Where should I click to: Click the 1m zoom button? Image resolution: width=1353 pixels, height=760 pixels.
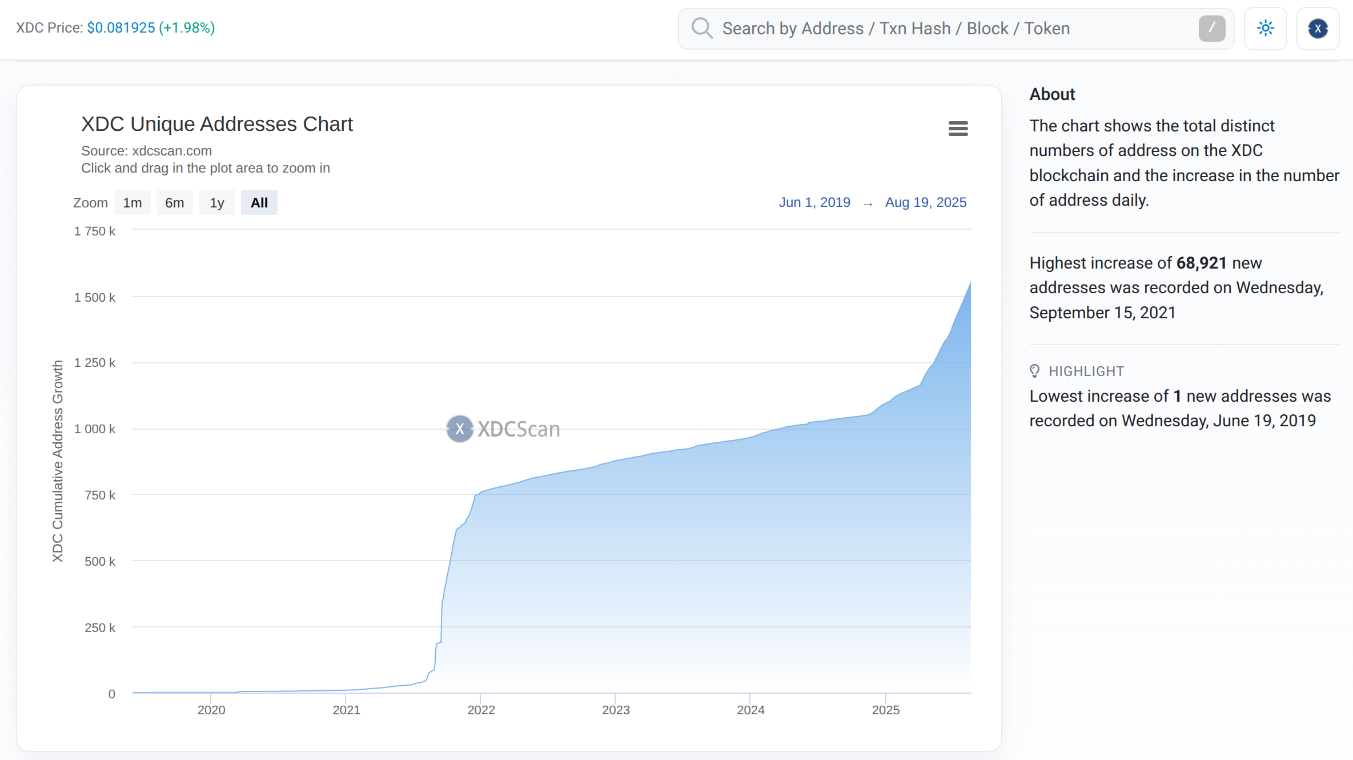[x=133, y=203]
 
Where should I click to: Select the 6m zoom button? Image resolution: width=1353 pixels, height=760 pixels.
[x=174, y=203]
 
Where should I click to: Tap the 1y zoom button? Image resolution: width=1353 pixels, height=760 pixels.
[x=216, y=203]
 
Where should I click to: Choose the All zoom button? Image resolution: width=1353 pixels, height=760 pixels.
[x=259, y=203]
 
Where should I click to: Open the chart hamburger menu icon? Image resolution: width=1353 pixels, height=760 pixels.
[x=958, y=129]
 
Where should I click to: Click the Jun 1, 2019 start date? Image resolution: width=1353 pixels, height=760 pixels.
[x=814, y=202]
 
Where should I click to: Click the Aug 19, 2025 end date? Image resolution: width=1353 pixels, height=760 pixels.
[x=925, y=202]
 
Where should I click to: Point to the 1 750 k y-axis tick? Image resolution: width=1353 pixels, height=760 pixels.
[x=95, y=231]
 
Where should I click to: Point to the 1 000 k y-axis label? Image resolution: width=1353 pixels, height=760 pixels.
[x=95, y=429]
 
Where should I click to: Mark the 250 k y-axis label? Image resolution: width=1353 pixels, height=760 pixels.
[x=100, y=627]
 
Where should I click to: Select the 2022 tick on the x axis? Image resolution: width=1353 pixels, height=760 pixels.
[x=481, y=710]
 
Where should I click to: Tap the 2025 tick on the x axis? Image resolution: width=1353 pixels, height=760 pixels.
[x=885, y=710]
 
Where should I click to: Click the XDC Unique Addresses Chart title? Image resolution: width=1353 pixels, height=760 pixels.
[x=217, y=124]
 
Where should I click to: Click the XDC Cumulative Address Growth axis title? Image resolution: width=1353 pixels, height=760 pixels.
[x=58, y=461]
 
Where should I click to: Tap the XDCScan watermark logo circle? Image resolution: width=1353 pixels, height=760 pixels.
[x=460, y=429]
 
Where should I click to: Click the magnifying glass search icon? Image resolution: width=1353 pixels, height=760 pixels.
[x=702, y=28]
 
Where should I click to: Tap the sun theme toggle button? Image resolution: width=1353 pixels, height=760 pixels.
[x=1265, y=28]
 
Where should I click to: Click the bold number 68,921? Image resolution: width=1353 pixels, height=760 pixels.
[x=1202, y=263]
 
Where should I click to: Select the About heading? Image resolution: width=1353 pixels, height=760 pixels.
[x=1052, y=94]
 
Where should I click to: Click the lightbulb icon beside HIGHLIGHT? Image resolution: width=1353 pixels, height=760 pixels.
[x=1034, y=371]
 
